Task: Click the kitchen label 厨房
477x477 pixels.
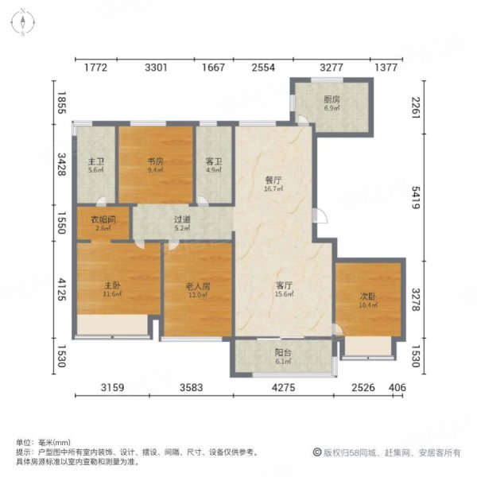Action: tap(332, 100)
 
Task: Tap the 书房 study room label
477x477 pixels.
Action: tap(155, 160)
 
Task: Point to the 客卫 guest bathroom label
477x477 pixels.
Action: tap(213, 161)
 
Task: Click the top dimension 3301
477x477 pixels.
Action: tap(156, 68)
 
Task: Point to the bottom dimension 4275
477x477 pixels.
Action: tap(283, 387)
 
